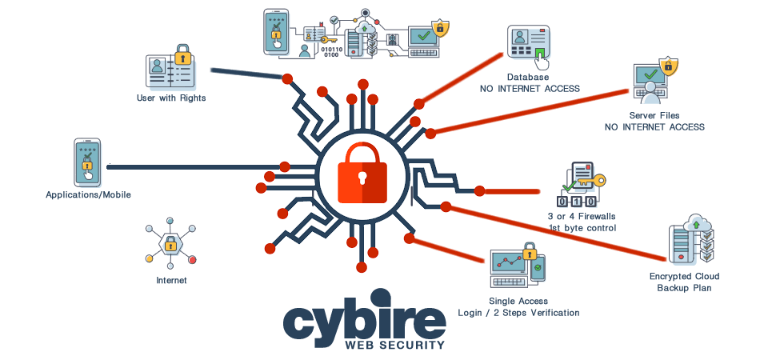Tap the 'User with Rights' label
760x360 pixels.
[170, 98]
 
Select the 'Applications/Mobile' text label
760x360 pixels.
[88, 195]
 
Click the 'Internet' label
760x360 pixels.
[171, 281]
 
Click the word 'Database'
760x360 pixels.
[528, 78]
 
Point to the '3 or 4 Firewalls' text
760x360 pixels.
[582, 217]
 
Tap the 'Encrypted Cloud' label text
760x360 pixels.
[685, 278]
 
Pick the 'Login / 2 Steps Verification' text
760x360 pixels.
[518, 312]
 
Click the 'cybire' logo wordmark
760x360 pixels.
[364, 320]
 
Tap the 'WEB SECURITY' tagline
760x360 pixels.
[394, 346]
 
